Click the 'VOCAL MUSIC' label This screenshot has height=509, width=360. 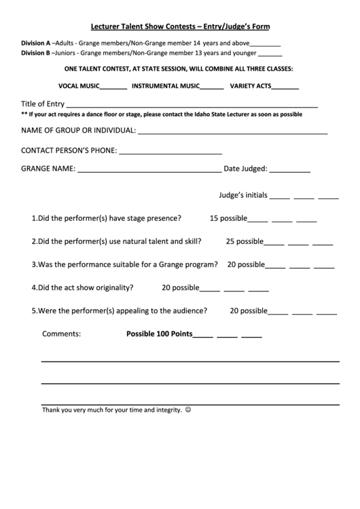click(x=79, y=86)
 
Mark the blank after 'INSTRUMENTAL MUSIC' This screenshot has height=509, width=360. click(x=212, y=86)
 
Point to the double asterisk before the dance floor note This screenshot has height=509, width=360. click(x=24, y=114)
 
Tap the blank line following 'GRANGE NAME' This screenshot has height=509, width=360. click(x=149, y=169)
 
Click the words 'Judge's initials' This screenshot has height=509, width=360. click(x=243, y=194)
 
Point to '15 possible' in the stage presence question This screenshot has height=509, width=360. click(x=228, y=219)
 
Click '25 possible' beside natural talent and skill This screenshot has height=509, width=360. click(x=244, y=241)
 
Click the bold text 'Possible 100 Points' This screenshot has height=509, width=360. click(x=160, y=334)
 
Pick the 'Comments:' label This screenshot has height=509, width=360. click(x=62, y=334)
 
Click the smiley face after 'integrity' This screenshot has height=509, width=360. click(x=188, y=410)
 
